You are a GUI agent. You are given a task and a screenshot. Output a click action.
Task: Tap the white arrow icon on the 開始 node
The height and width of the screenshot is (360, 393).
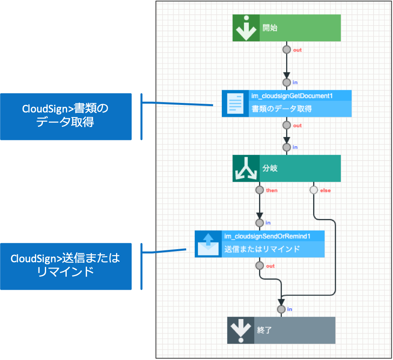[x=246, y=28]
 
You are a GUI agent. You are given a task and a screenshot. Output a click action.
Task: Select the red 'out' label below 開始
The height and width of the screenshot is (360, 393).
[x=297, y=50]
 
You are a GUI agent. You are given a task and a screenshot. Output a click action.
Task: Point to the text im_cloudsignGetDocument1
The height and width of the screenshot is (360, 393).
[x=292, y=96]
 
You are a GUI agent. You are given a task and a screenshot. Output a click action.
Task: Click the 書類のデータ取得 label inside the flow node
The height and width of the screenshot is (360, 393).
[x=281, y=109]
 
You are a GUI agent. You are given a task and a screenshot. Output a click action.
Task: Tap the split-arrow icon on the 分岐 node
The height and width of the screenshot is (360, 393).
[x=246, y=168]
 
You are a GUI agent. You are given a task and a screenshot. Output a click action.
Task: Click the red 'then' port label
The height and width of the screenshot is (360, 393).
[x=272, y=190]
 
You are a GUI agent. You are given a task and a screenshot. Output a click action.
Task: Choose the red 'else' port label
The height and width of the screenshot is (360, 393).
[x=325, y=190]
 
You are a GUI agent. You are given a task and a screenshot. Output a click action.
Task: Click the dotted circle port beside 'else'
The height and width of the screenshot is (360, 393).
[x=314, y=190]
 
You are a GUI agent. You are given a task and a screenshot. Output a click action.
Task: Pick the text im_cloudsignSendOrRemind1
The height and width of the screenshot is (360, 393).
[x=267, y=236]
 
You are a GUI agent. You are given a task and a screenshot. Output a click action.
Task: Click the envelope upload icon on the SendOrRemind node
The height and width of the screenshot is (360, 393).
[x=208, y=244]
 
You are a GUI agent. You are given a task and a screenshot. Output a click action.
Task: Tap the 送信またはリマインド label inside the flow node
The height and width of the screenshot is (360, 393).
[x=262, y=250]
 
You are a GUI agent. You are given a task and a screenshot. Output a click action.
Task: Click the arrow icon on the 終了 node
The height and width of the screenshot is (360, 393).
[x=240, y=330]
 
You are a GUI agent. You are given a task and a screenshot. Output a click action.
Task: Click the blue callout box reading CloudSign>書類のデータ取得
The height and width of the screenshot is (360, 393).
[x=66, y=116]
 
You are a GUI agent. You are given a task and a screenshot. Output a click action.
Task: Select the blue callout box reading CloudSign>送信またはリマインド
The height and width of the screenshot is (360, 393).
[x=66, y=266]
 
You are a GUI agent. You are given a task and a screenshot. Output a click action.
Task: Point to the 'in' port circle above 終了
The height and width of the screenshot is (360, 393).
[x=281, y=309]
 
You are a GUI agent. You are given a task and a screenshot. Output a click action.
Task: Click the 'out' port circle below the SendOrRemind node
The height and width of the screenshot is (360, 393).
[x=259, y=266]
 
